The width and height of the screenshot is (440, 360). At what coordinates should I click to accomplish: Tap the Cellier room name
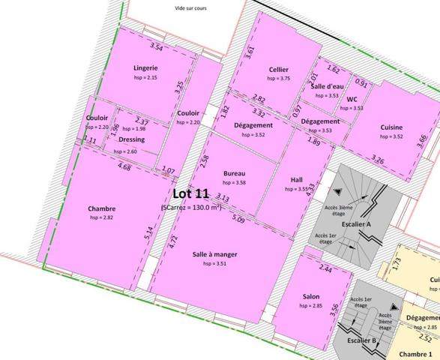pyautogui.click(x=279, y=69)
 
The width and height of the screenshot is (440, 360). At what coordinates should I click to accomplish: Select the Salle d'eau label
pyautogui.click(x=327, y=87)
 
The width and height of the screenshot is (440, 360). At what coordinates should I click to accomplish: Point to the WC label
pyautogui.click(x=352, y=99)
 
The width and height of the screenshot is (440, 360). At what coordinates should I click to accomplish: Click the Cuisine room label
pyautogui.click(x=392, y=127)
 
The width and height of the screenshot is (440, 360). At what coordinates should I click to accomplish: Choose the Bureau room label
pyautogui.click(x=235, y=173)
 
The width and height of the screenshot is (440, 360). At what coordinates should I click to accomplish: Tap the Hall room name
pyautogui.click(x=298, y=180)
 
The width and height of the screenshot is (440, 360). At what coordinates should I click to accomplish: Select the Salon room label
pyautogui.click(x=311, y=296)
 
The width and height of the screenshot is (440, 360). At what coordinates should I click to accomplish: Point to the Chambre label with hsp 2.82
pyautogui.click(x=101, y=208)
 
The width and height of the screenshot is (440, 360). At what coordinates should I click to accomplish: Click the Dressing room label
pyautogui.click(x=131, y=139)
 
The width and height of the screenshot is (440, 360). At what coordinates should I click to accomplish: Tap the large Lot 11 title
pyautogui.click(x=190, y=193)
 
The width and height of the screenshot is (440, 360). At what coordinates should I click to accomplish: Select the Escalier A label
pyautogui.click(x=358, y=223)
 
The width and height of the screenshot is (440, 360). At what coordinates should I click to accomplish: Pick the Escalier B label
pyautogui.click(x=362, y=340)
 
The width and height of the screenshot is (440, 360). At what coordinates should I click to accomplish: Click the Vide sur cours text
pyautogui.click(x=190, y=8)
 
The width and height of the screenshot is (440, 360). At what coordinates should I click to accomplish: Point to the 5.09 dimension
pyautogui.click(x=238, y=220)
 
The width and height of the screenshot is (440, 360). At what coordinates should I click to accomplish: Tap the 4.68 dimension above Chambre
pyautogui.click(x=125, y=167)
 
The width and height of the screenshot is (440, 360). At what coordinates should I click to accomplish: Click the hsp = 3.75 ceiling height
pyautogui.click(x=279, y=79)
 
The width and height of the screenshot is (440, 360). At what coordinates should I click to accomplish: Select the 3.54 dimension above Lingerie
pyautogui.click(x=157, y=48)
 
